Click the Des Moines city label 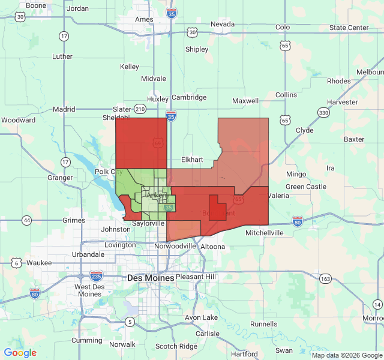pos(151,278)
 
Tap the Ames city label pos(144,19)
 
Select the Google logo pos(20,353)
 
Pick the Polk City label pos(109,172)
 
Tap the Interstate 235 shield pos(96,275)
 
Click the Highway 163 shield pos(326,278)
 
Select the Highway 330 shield pos(323,113)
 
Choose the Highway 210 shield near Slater pos(140,109)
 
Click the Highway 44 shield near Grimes pos(27,220)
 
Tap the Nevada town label pos(223,24)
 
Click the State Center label pos(349,28)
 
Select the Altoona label pos(212,247)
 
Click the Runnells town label pos(264,324)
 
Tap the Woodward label pos(18,120)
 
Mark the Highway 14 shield pos(377,305)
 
